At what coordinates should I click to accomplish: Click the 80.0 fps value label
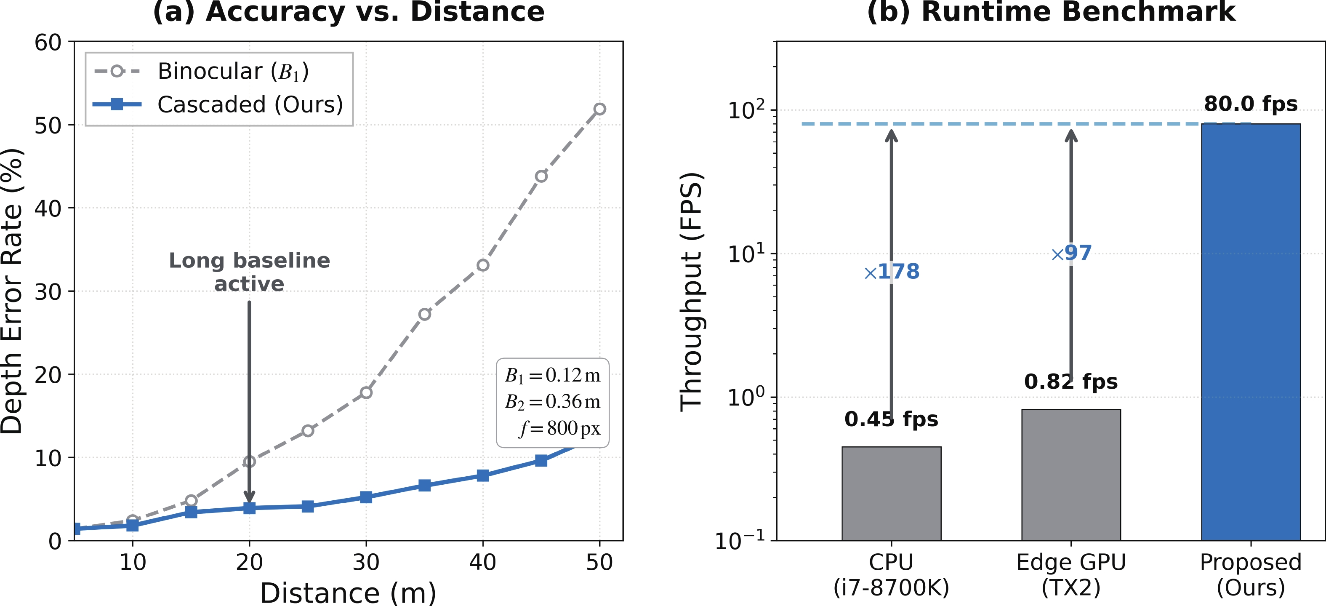pyautogui.click(x=1250, y=104)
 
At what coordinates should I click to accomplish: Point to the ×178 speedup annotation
pyautogui.click(x=892, y=271)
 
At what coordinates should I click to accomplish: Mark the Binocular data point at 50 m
pyautogui.click(x=599, y=109)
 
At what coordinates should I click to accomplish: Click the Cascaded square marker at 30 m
pyautogui.click(x=366, y=497)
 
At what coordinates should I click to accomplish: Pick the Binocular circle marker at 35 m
pyautogui.click(x=424, y=314)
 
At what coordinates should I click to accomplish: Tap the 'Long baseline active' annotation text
pyautogui.click(x=249, y=272)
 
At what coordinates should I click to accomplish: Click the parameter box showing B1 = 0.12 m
pyautogui.click(x=552, y=402)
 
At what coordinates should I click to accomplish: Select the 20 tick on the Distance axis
pyautogui.click(x=249, y=562)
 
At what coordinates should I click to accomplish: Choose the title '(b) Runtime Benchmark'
pyautogui.click(x=1051, y=12)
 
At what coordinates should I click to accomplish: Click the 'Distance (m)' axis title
pyautogui.click(x=348, y=593)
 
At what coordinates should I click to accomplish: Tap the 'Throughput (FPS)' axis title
pyautogui.click(x=691, y=291)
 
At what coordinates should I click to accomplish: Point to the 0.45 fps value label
pyautogui.click(x=891, y=419)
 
